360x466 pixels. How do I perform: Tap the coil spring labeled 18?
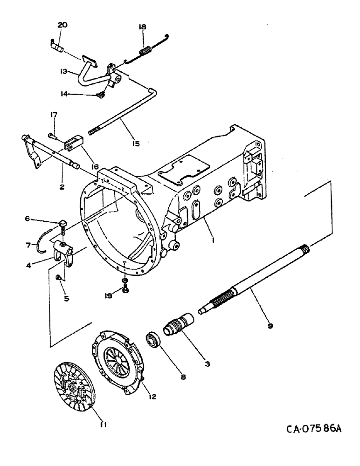[x=145, y=48]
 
